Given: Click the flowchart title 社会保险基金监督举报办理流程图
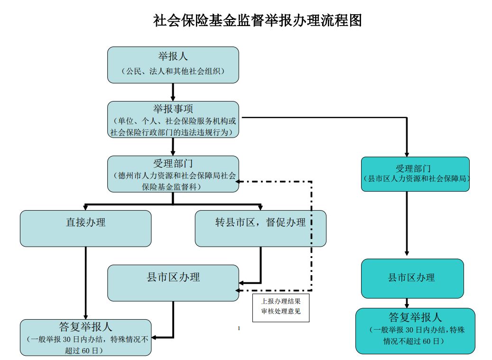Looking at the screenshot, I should [257, 20].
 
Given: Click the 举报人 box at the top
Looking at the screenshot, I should [173, 65].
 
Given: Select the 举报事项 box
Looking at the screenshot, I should [173, 119].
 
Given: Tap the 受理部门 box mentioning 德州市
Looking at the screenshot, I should [173, 174].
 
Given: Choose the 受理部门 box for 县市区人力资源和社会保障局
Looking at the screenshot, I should [415, 174].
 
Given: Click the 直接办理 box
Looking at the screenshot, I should [85, 228].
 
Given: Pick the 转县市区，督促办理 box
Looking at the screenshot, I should [260, 228].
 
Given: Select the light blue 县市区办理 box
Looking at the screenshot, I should [173, 283].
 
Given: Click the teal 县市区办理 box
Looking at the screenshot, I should [412, 278].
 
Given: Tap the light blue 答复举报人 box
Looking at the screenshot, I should [85, 338].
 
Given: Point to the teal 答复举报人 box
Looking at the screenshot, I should [415, 331].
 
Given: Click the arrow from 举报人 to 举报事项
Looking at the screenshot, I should [173, 92].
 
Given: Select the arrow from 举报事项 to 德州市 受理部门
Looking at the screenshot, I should [173, 147].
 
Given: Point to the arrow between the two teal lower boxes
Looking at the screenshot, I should [407, 303].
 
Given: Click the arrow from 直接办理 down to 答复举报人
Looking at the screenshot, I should [85, 283].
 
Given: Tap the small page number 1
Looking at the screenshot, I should [240, 328].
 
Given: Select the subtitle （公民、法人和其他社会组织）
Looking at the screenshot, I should [173, 71].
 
